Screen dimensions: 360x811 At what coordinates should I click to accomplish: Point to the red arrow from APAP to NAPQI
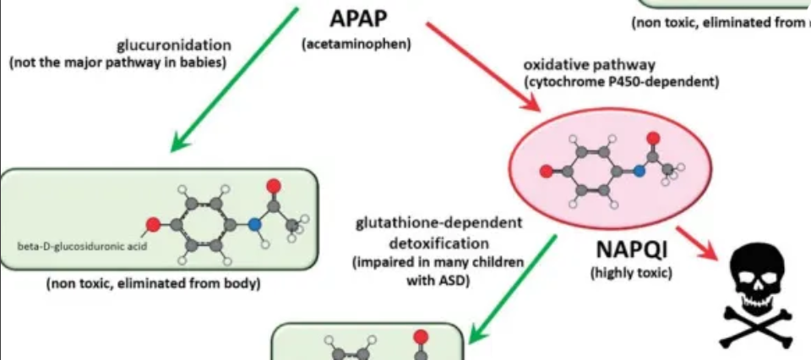pos(482,66)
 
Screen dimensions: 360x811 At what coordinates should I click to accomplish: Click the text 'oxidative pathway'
pos(577,65)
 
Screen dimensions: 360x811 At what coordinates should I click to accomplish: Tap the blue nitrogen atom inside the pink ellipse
pos(640,171)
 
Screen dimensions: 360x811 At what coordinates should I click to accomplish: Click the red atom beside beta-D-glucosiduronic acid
pos(153,225)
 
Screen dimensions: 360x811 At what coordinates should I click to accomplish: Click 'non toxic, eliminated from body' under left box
pos(153,284)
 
